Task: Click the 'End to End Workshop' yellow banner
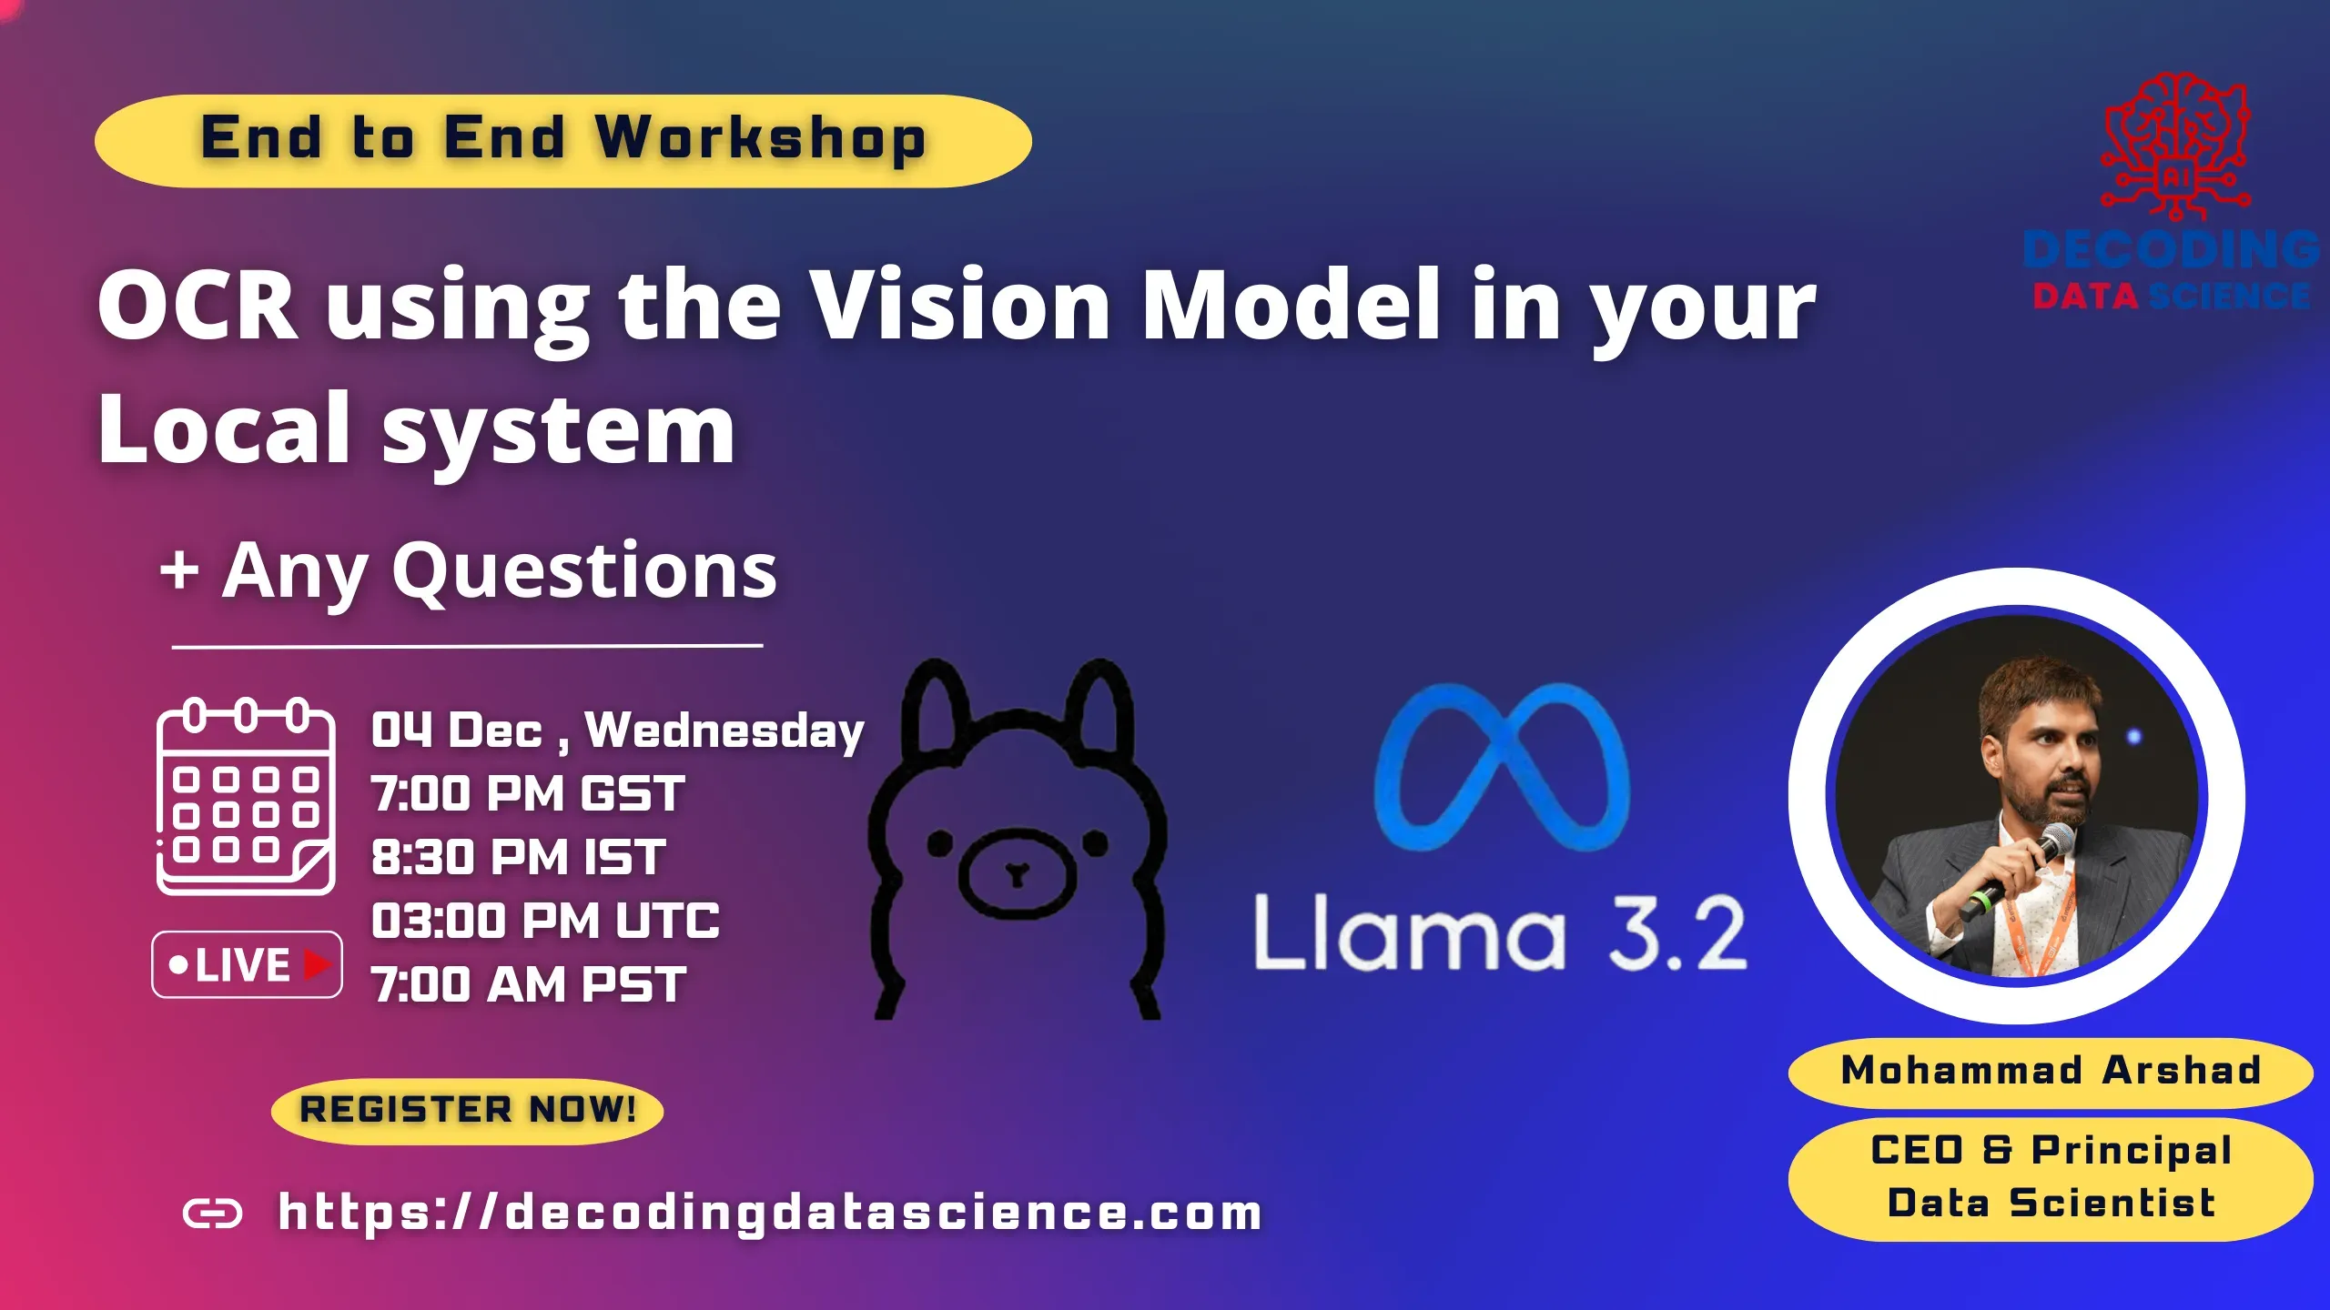click(562, 141)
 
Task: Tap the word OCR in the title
click(198, 305)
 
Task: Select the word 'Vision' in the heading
click(960, 305)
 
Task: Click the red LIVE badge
click(247, 964)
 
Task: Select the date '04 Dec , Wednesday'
click(617, 731)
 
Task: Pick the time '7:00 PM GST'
click(528, 793)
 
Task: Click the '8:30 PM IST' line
click(519, 857)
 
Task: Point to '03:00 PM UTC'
click(545, 921)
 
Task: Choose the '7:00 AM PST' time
click(529, 984)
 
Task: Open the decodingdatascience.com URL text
click(769, 1213)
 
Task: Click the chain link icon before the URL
click(213, 1213)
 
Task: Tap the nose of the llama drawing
click(1017, 875)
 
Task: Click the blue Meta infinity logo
click(1502, 766)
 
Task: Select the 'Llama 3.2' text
click(1500, 934)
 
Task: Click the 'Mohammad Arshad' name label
click(2050, 1071)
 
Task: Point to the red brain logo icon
click(2175, 146)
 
